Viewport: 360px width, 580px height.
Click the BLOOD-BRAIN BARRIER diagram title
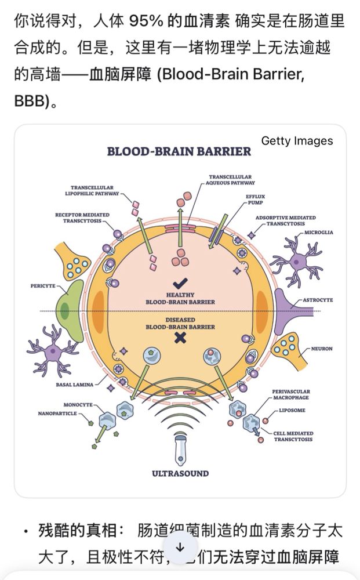pos(179,151)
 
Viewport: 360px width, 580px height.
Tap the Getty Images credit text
pos(297,141)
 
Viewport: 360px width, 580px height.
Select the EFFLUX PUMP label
pos(256,200)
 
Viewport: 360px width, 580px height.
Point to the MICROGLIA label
pos(319,232)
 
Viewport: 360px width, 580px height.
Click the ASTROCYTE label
pos(318,300)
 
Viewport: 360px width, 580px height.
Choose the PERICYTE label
pos(43,287)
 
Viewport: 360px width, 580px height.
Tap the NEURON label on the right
pos(322,349)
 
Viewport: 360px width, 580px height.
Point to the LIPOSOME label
pos(292,410)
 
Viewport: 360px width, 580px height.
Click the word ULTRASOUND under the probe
pos(180,473)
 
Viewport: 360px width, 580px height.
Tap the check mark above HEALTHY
pos(180,282)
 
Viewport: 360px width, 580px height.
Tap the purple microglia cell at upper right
pos(296,262)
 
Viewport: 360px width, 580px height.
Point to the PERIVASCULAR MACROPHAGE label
pos(290,395)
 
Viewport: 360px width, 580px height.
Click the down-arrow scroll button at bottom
pos(180,548)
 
